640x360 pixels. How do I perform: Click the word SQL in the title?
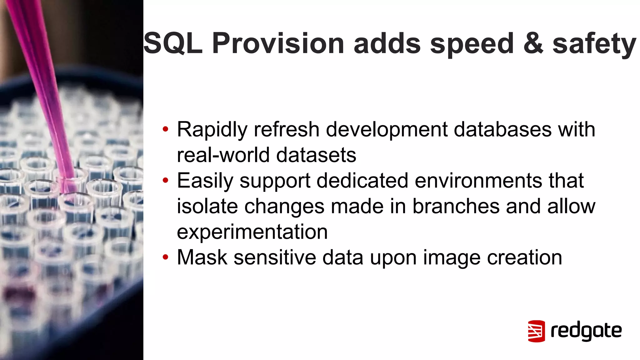click(173, 43)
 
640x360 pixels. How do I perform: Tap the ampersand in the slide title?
click(533, 43)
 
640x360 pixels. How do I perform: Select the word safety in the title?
click(594, 44)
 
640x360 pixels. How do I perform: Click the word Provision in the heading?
click(278, 43)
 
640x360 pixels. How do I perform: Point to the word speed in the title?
click(472, 44)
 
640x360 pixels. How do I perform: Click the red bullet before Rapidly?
click(165, 129)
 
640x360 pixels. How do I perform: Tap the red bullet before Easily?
click(165, 180)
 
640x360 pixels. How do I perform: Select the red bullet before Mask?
click(165, 257)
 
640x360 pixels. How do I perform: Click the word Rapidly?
click(212, 130)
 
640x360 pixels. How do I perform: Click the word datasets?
click(316, 155)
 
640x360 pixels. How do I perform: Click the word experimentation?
click(252, 232)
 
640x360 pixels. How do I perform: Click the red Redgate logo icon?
click(536, 331)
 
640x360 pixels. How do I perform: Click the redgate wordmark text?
click(586, 331)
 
